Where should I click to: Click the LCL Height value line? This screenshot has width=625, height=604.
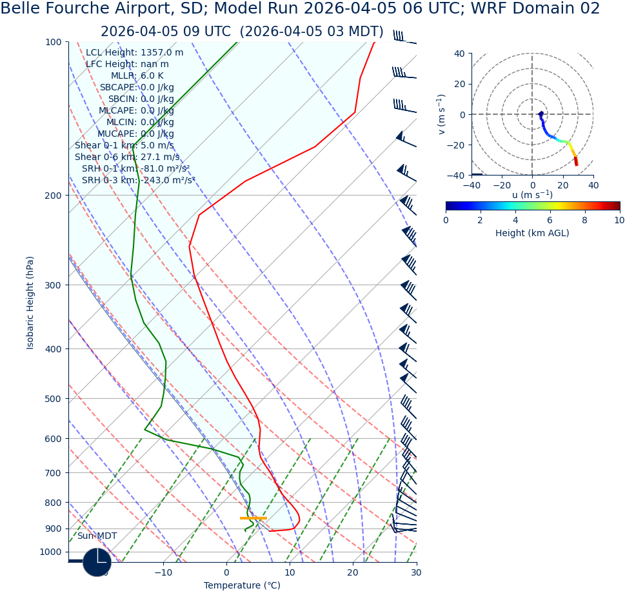(134, 53)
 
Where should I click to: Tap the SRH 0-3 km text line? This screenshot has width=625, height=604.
(138, 181)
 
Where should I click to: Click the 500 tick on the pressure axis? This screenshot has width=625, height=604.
(53, 399)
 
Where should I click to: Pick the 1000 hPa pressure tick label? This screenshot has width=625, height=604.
(50, 552)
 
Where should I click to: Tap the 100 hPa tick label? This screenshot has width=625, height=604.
(53, 43)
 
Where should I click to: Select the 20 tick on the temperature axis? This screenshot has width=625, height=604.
(353, 572)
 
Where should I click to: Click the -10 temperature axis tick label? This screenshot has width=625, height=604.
(163, 572)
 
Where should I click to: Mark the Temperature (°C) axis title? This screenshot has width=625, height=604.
(242, 586)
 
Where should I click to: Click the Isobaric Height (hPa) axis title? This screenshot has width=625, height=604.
(30, 303)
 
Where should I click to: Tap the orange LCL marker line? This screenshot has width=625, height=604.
(253, 518)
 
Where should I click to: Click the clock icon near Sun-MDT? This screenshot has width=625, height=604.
(97, 562)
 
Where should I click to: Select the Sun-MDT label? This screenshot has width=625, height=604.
(97, 536)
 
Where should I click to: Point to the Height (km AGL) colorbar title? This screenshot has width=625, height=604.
(532, 233)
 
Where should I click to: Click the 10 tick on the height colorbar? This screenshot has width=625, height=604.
(619, 220)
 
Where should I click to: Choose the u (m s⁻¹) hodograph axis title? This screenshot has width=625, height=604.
(532, 195)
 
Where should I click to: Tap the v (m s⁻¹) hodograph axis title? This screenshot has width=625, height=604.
(442, 114)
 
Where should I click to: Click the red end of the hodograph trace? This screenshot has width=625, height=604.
(576, 163)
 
